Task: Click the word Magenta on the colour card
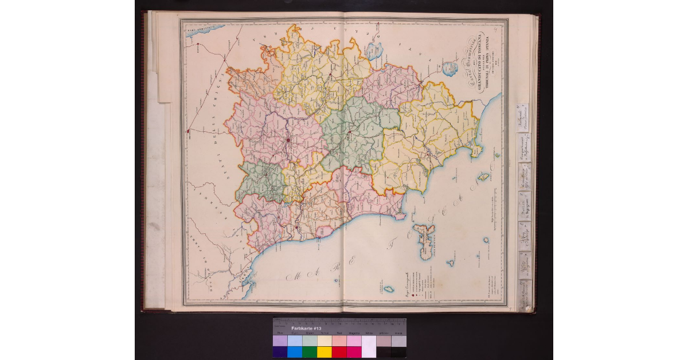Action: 354,333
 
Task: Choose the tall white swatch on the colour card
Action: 369,346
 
